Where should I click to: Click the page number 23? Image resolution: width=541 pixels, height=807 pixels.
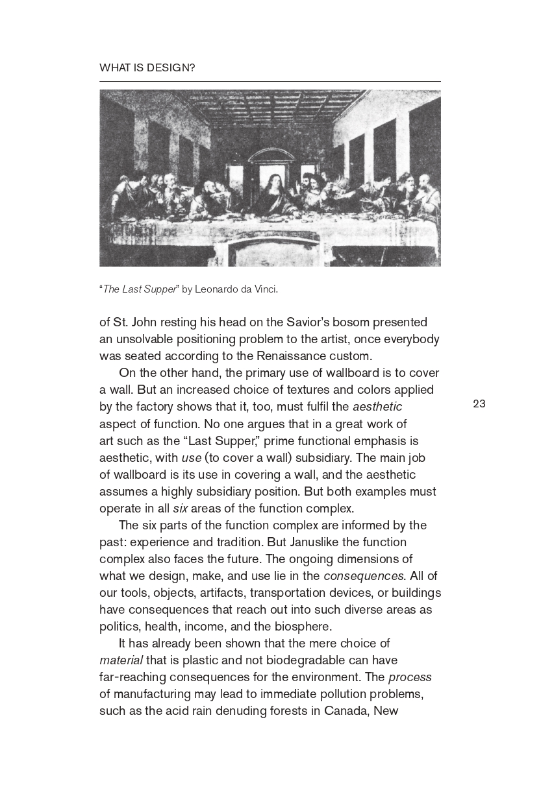pyautogui.click(x=479, y=404)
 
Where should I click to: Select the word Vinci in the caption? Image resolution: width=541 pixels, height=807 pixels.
pyautogui.click(x=266, y=289)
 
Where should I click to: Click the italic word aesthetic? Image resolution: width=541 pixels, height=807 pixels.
pyautogui.click(x=377, y=407)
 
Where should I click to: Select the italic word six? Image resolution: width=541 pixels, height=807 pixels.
pyautogui.click(x=180, y=508)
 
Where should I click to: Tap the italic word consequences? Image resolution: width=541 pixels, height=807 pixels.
pyautogui.click(x=364, y=575)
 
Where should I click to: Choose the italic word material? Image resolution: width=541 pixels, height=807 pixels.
pyautogui.click(x=121, y=660)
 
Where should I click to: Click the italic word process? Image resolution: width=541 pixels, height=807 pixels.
pyautogui.click(x=410, y=677)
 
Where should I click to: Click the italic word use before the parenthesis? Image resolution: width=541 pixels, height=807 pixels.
pyautogui.click(x=192, y=457)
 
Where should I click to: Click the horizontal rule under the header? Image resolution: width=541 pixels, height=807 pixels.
pyautogui.click(x=270, y=82)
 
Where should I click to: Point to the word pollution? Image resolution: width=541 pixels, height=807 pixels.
pyautogui.click(x=320, y=693)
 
